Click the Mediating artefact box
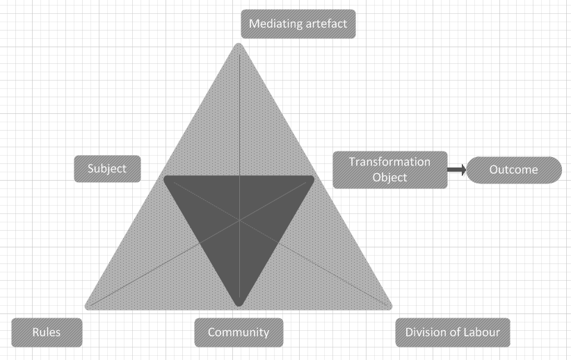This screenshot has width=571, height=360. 298,24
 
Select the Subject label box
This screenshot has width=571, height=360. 107,169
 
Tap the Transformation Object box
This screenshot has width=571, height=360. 390,170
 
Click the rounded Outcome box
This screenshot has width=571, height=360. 514,170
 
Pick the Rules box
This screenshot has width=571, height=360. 47,332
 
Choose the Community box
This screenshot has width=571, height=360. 239,332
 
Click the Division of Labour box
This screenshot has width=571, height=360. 453,332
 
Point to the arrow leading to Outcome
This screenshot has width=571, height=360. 457,170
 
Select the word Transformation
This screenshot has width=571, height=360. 389,162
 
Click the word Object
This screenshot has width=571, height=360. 389,178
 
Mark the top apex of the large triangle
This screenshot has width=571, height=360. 239,44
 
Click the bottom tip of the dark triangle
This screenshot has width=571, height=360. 239,305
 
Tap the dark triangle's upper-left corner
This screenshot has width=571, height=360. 165,177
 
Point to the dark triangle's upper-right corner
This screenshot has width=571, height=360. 312,177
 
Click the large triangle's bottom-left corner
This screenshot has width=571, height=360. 86,309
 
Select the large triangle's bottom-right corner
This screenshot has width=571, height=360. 391,309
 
